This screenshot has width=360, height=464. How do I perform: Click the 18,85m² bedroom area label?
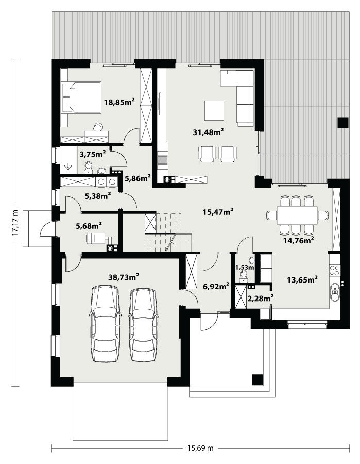click(119, 102)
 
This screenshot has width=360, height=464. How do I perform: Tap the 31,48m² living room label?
click(208, 132)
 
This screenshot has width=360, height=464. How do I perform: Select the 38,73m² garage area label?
click(124, 277)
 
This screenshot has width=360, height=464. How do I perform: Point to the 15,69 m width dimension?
click(200, 448)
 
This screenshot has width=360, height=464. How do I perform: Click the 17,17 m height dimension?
click(15, 223)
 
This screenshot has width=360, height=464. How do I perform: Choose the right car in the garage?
click(143, 325)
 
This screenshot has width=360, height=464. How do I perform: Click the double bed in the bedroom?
click(82, 97)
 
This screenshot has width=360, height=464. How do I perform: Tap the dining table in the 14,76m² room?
click(297, 215)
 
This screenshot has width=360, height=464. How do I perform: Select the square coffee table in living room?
click(214, 110)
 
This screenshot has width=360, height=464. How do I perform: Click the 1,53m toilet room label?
click(245, 268)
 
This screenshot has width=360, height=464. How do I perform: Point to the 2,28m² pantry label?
click(260, 299)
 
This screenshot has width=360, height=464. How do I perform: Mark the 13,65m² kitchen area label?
click(302, 279)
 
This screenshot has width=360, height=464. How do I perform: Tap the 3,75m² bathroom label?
click(93, 154)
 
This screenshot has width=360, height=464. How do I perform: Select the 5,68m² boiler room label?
click(89, 226)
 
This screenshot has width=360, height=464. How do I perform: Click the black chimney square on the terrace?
click(343, 123)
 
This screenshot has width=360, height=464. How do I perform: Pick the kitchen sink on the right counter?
click(335, 291)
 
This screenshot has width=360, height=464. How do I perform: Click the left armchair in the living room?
click(207, 154)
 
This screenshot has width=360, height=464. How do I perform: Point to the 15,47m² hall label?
click(218, 212)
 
